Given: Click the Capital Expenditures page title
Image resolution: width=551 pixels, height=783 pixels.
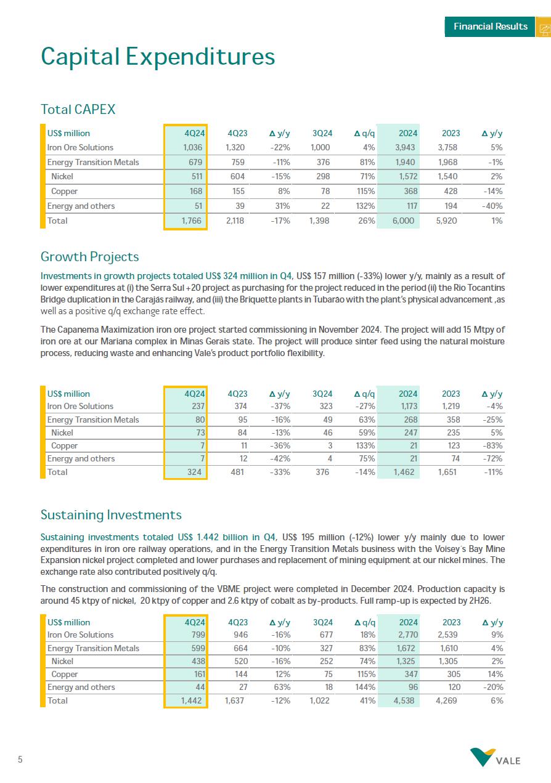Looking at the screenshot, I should [158, 57].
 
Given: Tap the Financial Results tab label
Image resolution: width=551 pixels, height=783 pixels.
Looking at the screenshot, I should [490, 26].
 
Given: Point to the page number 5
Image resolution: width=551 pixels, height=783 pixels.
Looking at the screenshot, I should [20, 760].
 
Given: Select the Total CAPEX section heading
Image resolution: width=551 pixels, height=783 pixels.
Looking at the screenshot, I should [78, 110].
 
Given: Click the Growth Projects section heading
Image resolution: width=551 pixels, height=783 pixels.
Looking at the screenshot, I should [89, 257].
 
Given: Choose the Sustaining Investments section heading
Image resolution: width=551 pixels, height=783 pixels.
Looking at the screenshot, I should [111, 515].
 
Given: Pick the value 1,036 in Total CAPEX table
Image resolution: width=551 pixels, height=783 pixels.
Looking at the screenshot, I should [194, 148].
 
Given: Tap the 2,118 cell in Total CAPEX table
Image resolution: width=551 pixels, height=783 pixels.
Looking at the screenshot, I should [236, 221].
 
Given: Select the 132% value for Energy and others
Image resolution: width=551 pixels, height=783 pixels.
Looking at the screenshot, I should [365, 206].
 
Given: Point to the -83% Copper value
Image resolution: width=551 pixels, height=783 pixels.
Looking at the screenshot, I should [492, 445].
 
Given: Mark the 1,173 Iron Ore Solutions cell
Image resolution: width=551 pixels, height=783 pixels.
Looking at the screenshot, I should [406, 407].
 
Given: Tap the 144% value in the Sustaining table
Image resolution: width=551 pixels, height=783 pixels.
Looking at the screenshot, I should [365, 688].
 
